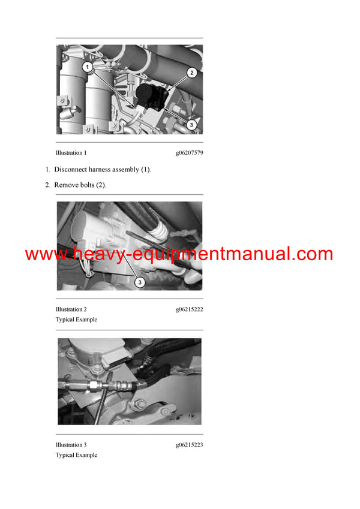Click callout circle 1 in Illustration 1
coord(87,68)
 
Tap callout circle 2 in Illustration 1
coord(191,73)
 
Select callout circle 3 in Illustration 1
coord(191,125)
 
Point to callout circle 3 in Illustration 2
coord(138,281)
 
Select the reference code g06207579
coord(189,153)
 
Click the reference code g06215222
coord(189,309)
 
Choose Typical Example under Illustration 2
coord(76,320)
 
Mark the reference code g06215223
coord(189,445)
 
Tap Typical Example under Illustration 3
coord(76,455)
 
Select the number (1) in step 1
coord(146,170)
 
